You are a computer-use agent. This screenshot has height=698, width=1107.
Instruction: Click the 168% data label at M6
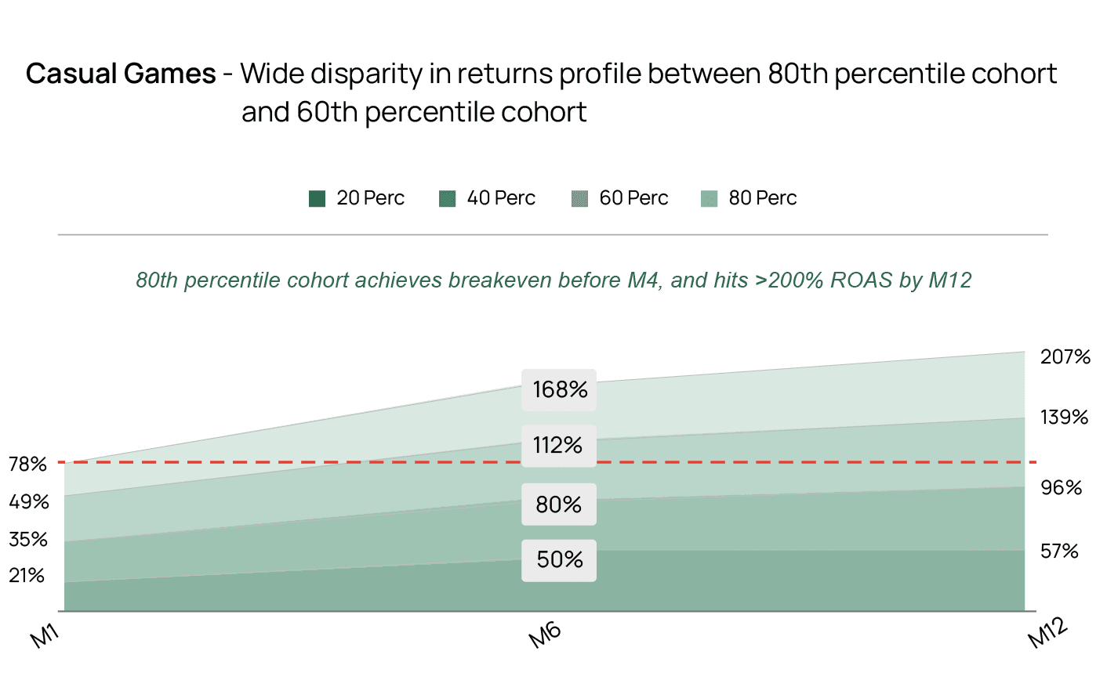pyautogui.click(x=559, y=389)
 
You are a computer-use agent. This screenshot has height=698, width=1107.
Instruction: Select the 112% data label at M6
pyautogui.click(x=558, y=445)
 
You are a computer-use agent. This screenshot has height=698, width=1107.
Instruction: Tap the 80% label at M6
pyautogui.click(x=558, y=504)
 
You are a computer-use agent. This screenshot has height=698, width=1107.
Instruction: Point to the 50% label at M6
pyautogui.click(x=559, y=559)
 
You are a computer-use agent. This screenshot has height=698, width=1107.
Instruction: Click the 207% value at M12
pyautogui.click(x=1065, y=357)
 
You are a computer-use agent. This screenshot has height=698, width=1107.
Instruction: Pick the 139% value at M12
pyautogui.click(x=1064, y=418)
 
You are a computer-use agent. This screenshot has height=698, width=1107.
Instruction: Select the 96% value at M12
pyautogui.click(x=1061, y=488)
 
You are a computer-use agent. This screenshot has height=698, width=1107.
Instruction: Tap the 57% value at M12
pyautogui.click(x=1059, y=552)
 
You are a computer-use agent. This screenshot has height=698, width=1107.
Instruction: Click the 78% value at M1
pyautogui.click(x=28, y=465)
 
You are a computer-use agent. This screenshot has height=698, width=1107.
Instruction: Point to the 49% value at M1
pyautogui.click(x=28, y=502)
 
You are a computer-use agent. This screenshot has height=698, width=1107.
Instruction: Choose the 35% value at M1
pyautogui.click(x=28, y=540)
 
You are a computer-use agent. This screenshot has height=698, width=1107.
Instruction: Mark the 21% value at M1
pyautogui.click(x=27, y=576)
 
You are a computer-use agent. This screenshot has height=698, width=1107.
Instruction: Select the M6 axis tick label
pyautogui.click(x=546, y=635)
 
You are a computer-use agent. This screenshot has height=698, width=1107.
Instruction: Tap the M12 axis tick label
pyautogui.click(x=1048, y=632)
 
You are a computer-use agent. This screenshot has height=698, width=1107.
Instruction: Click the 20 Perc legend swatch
pyautogui.click(x=317, y=199)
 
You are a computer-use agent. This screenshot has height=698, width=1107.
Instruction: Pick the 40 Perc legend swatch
pyautogui.click(x=447, y=199)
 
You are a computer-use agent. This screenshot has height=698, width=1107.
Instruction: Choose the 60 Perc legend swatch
pyautogui.click(x=579, y=199)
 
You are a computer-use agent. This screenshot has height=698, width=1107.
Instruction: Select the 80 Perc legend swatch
pyautogui.click(x=709, y=199)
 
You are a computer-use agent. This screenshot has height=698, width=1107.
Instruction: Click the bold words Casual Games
pyautogui.click(x=121, y=74)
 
